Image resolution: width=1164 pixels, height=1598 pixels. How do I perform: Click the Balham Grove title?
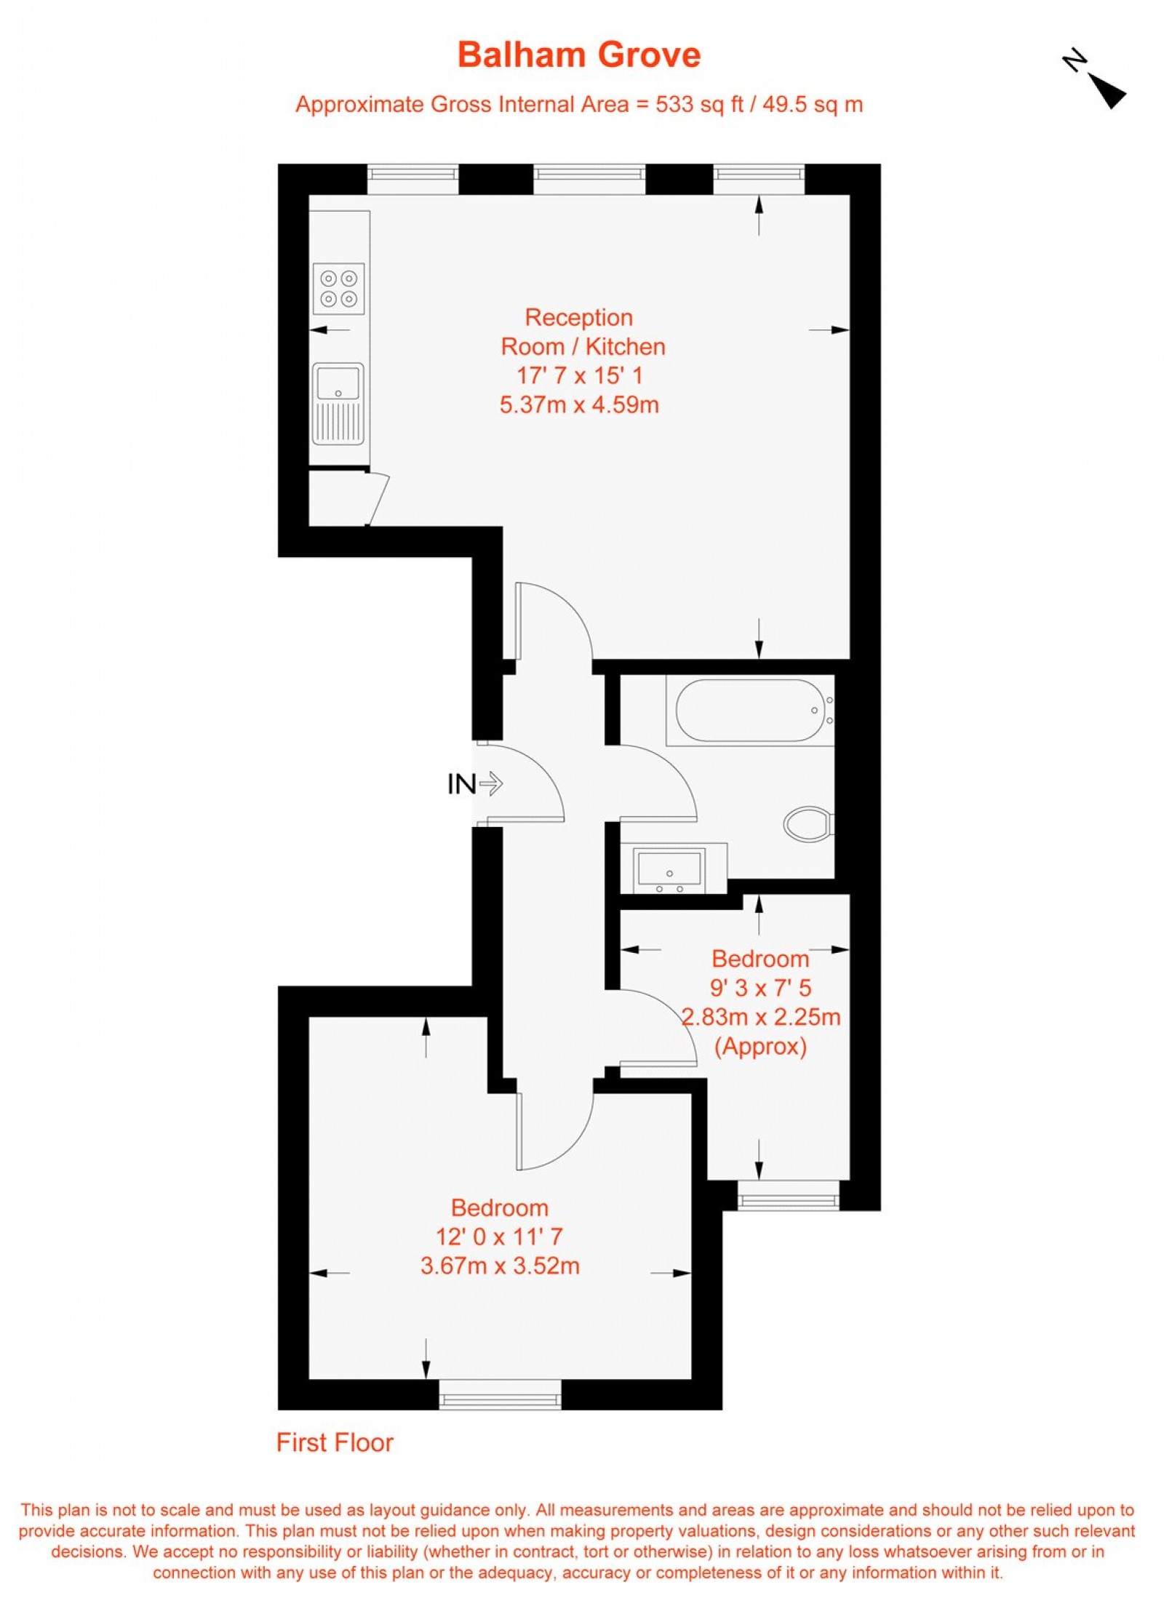[x=578, y=55]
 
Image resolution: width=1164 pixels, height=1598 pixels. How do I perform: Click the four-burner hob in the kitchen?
[x=338, y=289]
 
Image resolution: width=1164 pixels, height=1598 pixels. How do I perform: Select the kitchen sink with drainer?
[x=338, y=403]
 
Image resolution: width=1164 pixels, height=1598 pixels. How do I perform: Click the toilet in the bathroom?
[x=807, y=823]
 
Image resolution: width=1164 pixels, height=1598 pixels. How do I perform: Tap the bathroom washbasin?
[x=669, y=868]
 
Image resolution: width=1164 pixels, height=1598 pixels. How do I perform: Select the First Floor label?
[x=335, y=1442]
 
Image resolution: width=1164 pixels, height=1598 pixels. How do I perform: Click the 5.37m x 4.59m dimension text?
[x=579, y=404]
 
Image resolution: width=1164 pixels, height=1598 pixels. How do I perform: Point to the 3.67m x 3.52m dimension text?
[x=500, y=1266]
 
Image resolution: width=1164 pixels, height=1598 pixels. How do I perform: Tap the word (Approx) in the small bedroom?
[x=760, y=1047]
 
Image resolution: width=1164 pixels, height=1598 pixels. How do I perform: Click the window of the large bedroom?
[x=500, y=1393]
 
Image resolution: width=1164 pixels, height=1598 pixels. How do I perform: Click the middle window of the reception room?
[x=589, y=179]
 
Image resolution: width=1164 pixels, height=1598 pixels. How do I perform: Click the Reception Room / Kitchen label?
[x=583, y=332]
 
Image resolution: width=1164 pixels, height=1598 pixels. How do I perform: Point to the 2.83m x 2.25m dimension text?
[x=760, y=1017]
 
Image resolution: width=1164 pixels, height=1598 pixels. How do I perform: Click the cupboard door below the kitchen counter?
[x=378, y=499]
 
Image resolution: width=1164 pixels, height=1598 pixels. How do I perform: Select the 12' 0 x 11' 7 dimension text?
[x=500, y=1237]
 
